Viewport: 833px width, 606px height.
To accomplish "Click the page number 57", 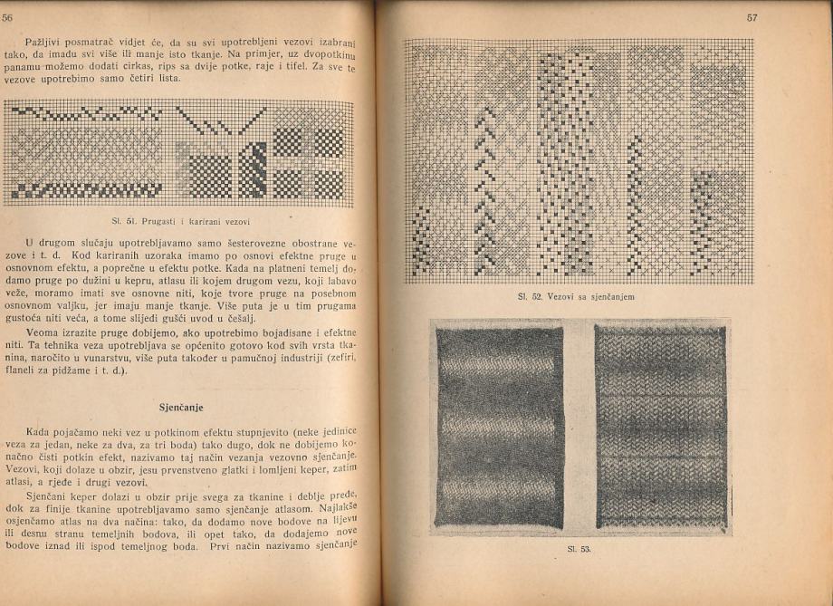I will [751, 17].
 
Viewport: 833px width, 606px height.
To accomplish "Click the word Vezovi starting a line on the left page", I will [22, 468].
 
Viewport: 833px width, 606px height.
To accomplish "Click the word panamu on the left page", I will [23, 67].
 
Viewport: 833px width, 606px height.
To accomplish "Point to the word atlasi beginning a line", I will [20, 481].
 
